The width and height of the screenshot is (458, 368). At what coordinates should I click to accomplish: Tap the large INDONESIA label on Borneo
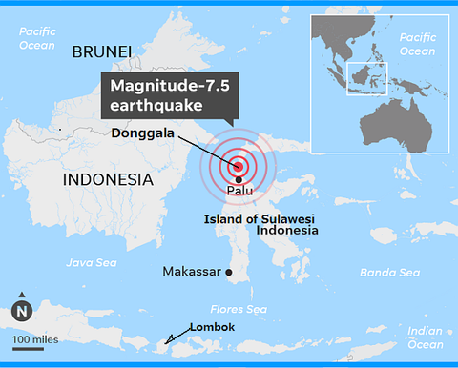[x=107, y=179]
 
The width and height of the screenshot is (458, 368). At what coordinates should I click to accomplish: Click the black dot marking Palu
[x=239, y=178]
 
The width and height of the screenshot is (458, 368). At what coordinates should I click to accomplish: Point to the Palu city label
[x=240, y=192]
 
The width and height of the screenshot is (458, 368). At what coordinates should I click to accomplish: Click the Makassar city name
[x=192, y=272]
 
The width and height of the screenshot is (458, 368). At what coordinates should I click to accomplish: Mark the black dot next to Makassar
[x=230, y=273]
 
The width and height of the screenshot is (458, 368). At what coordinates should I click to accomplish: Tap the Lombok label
[x=211, y=327]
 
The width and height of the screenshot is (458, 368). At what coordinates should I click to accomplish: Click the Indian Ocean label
[x=425, y=337]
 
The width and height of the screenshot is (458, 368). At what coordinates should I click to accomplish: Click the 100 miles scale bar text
[x=33, y=338]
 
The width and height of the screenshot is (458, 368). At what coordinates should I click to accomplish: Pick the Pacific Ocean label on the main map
[x=39, y=37]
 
